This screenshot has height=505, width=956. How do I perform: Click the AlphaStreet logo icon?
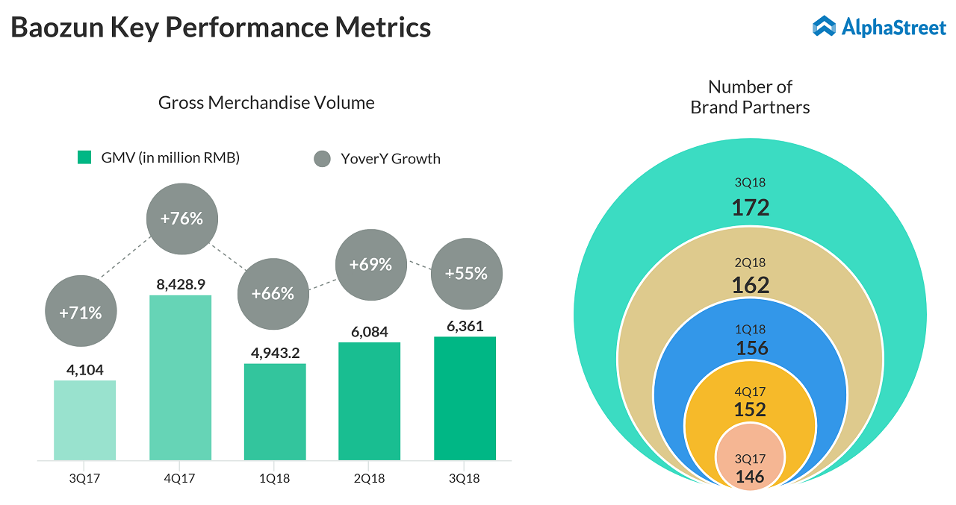[824, 27]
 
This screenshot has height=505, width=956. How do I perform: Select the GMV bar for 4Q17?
[180, 377]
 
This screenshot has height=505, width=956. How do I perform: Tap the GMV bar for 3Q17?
[84, 420]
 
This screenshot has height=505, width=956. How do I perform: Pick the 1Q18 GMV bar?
[275, 412]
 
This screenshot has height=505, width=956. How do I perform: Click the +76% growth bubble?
[181, 219]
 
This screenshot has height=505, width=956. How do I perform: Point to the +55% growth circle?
[466, 274]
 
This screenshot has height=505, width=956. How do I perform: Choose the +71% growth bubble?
[81, 313]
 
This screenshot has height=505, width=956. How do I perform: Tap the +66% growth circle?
[273, 294]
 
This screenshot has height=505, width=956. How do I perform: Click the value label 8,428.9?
[181, 283]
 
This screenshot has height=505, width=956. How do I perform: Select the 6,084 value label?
[370, 330]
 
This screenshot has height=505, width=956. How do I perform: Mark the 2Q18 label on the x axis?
[370, 478]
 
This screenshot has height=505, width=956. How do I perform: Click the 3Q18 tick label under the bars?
[465, 478]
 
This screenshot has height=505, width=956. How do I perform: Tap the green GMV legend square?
[84, 158]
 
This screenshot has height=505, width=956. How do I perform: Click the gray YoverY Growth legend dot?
[322, 159]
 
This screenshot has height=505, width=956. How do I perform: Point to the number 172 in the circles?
[751, 207]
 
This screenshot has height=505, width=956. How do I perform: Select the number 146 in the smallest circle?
[750, 477]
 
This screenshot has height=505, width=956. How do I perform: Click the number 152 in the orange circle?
[750, 410]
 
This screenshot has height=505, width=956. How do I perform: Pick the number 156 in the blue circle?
[751, 348]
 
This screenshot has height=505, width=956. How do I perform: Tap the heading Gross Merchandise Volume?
[267, 103]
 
